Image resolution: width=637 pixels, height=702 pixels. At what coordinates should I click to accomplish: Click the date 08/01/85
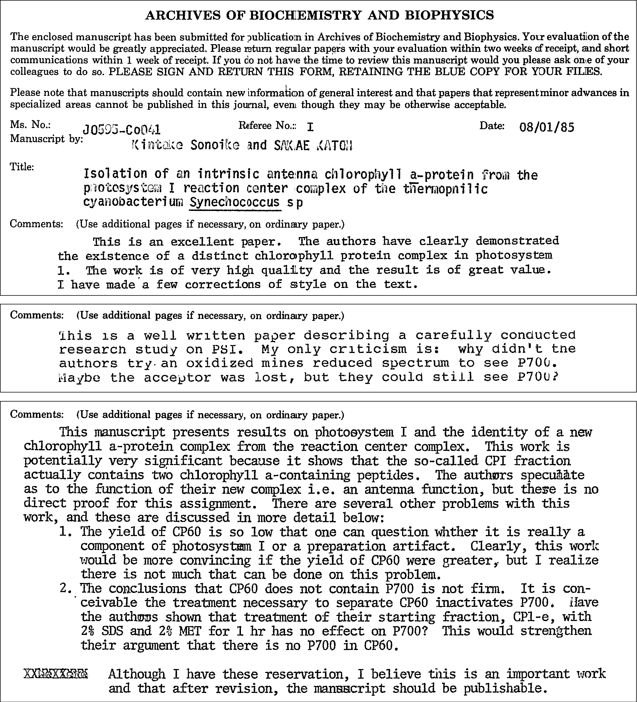coord(546,127)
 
